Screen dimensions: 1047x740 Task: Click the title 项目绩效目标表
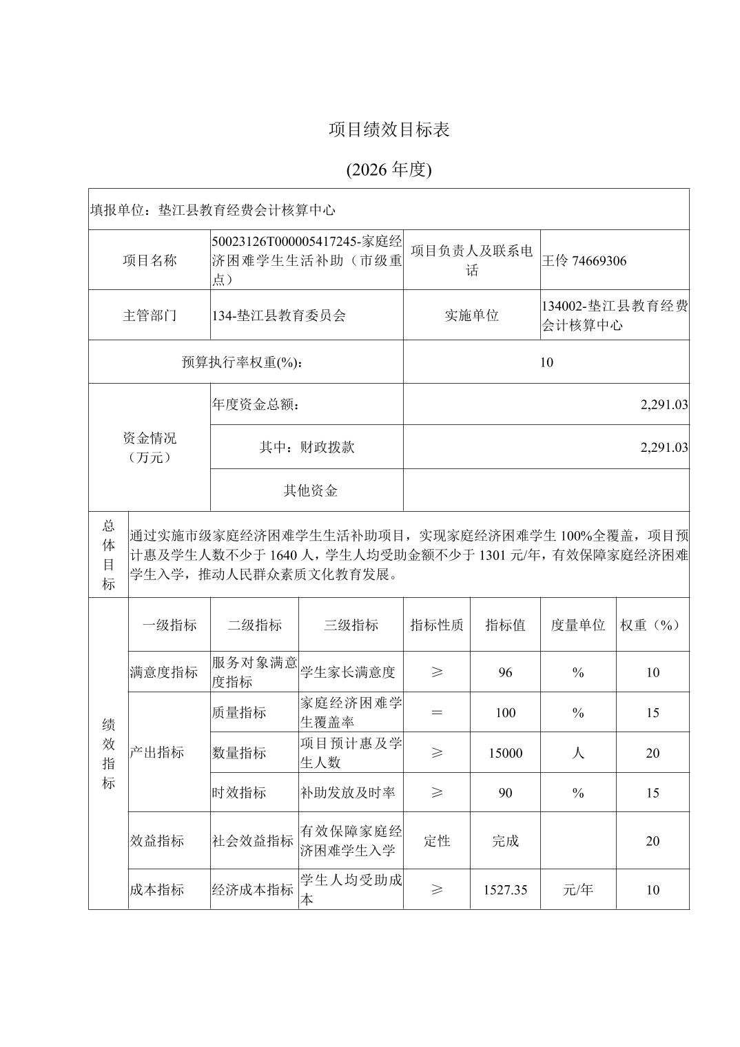(x=389, y=129)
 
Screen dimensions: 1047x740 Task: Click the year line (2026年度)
(x=389, y=169)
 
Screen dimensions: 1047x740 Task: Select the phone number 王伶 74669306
(x=584, y=260)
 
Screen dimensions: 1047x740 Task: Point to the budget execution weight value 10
(x=546, y=362)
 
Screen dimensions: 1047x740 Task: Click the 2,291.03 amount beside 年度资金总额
(x=664, y=405)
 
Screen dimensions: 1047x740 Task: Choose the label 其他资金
(x=310, y=490)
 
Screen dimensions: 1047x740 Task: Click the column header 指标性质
(x=437, y=625)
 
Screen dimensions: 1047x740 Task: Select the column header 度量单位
(x=577, y=625)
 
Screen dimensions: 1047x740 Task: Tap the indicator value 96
(x=505, y=672)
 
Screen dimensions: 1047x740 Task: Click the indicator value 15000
(x=505, y=753)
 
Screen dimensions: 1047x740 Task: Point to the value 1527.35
(x=505, y=890)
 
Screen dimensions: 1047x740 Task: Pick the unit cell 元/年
(x=577, y=890)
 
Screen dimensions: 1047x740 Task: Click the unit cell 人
(x=577, y=753)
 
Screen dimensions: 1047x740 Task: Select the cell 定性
(x=437, y=841)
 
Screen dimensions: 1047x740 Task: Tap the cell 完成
(x=505, y=841)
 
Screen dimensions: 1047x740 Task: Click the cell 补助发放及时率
(x=347, y=793)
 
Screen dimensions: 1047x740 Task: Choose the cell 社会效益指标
(x=253, y=841)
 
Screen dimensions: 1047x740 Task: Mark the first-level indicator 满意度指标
(x=163, y=672)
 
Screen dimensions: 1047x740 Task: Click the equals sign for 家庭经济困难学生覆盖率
(x=437, y=712)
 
